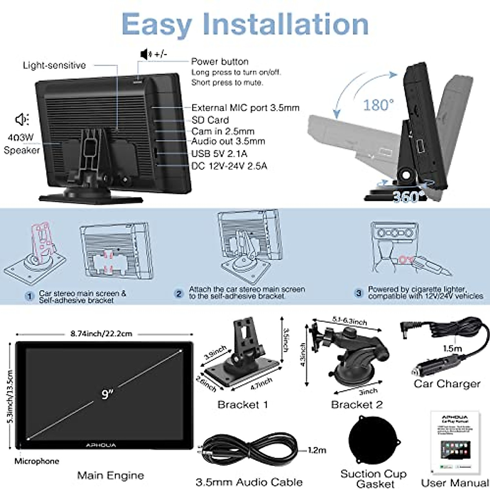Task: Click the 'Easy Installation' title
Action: [x=245, y=24]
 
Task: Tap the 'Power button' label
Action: [x=220, y=62]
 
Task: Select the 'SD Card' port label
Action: [x=210, y=120]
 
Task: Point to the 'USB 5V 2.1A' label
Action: [x=219, y=154]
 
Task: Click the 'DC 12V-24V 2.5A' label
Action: [x=229, y=166]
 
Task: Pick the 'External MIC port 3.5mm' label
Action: [x=245, y=108]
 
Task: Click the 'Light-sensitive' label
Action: [x=54, y=65]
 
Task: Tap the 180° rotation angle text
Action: [x=378, y=105]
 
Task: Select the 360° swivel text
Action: [x=405, y=197]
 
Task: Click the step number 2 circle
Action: [x=179, y=294]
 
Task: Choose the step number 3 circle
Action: [x=359, y=293]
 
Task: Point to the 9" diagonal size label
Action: [x=107, y=394]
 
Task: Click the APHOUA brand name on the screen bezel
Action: [x=101, y=445]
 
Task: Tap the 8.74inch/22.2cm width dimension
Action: [x=101, y=334]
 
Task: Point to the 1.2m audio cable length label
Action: [x=317, y=450]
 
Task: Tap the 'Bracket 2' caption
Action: [x=356, y=405]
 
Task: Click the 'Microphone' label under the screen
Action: [x=37, y=461]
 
